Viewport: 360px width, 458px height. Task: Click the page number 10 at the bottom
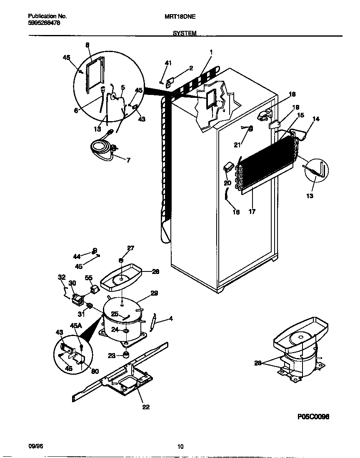[x=180, y=447]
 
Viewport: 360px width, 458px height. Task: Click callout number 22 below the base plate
[x=146, y=407]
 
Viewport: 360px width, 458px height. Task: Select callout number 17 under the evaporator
[x=252, y=212]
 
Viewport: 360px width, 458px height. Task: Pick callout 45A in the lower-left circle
[x=76, y=326]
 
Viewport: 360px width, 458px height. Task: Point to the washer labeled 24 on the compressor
[x=125, y=331]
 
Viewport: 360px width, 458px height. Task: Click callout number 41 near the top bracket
[x=168, y=63]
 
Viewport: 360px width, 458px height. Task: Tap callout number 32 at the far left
[x=62, y=277]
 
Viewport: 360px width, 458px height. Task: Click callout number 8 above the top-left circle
[x=87, y=45]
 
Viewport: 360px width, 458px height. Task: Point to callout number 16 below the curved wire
[x=236, y=212]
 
